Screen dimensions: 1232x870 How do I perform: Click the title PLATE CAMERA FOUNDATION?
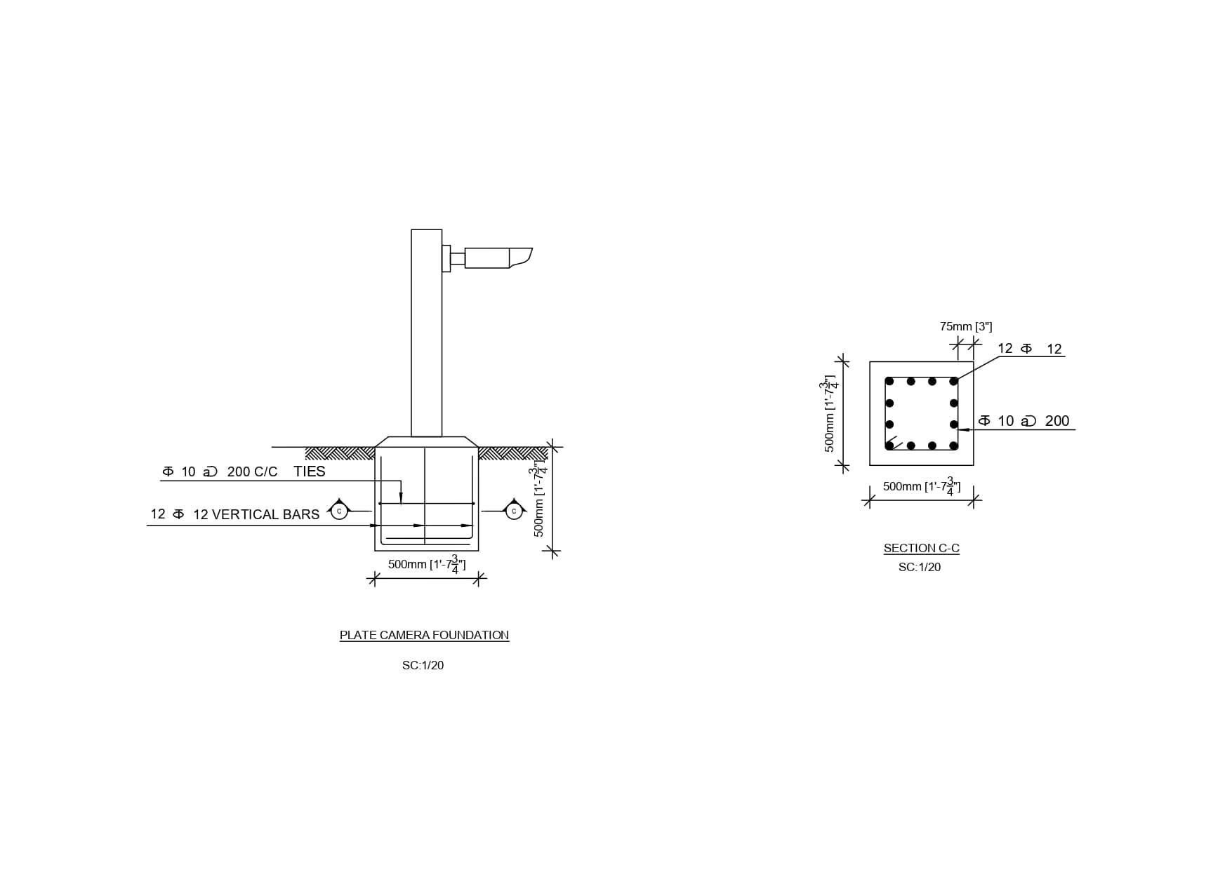424,635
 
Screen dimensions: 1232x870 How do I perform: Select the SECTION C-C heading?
921,548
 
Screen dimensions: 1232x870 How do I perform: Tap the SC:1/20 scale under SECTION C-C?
920,567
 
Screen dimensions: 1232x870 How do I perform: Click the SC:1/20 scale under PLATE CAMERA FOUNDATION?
423,665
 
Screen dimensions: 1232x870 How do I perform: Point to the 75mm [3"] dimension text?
966,326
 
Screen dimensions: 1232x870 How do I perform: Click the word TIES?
310,471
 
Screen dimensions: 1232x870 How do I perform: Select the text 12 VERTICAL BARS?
256,514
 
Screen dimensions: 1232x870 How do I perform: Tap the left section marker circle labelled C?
339,511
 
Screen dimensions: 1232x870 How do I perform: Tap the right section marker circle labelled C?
514,511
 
